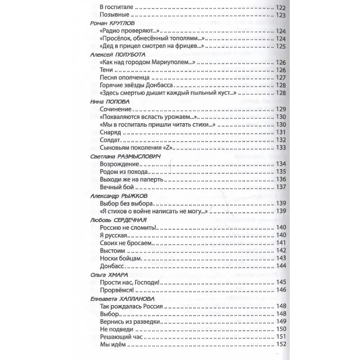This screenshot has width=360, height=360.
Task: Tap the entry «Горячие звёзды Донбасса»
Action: [135, 85]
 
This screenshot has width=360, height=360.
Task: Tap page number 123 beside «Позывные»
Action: [280, 15]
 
